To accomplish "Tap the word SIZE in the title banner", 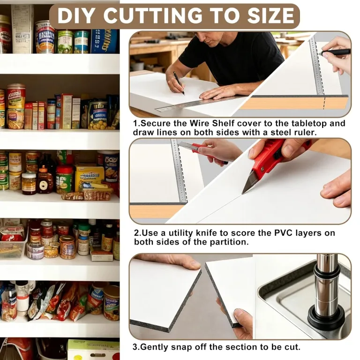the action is pos(270,15).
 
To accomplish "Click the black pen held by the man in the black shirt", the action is pos(179,83).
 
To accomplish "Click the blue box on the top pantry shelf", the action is pos(105,41).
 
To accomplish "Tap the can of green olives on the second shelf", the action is pos(98,115).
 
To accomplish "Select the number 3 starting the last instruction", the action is pos(135,346).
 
